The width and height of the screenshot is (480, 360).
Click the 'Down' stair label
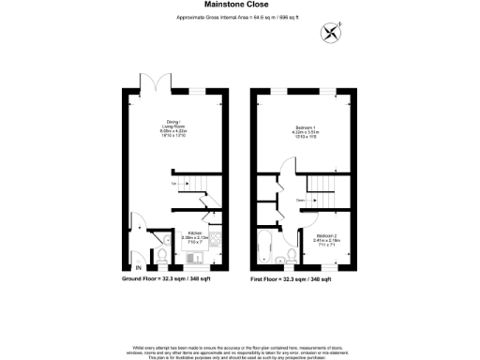[x=300, y=199]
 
